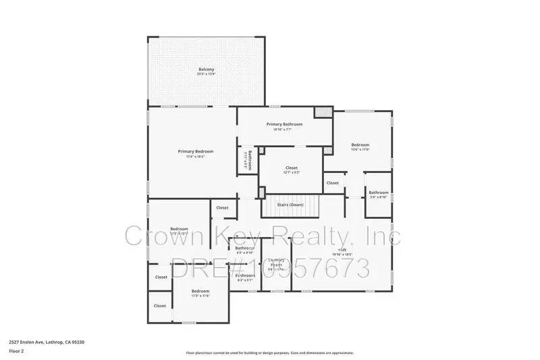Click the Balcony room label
click(x=207, y=69)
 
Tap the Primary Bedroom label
click(x=195, y=151)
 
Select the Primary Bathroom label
click(x=284, y=124)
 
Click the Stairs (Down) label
click(x=290, y=204)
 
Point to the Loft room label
click(x=342, y=250)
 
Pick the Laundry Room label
click(x=274, y=263)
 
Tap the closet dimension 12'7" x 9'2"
click(x=292, y=172)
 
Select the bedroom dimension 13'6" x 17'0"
click(x=360, y=150)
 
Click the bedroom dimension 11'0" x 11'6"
click(x=200, y=296)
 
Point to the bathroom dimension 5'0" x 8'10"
click(x=378, y=197)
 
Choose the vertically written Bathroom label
click(x=250, y=159)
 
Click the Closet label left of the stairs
click(x=222, y=207)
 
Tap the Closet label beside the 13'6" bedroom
click(x=333, y=183)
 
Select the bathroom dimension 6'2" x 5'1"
click(x=244, y=280)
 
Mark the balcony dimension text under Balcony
click(x=207, y=74)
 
